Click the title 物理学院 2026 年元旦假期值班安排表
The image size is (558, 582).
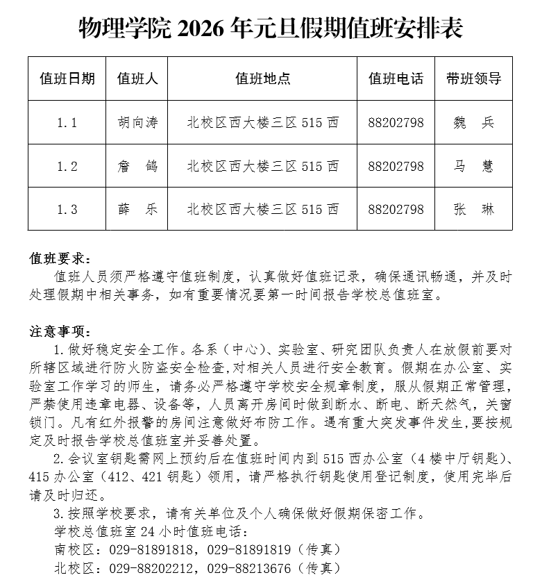pyautogui.click(x=271, y=29)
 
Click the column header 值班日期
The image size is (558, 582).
pyautogui.click(x=67, y=78)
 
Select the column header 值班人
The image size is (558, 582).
pyautogui.click(x=137, y=78)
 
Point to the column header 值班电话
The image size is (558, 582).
pyautogui.click(x=396, y=78)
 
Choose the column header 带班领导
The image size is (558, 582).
pyautogui.click(x=473, y=78)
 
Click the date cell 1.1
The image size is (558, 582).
pyautogui.click(x=67, y=123)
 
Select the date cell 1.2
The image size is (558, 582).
pyautogui.click(x=67, y=166)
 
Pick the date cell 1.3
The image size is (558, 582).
pyautogui.click(x=67, y=209)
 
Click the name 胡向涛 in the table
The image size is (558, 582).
pyautogui.click(x=137, y=123)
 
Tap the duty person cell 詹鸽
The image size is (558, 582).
pyautogui.click(x=137, y=166)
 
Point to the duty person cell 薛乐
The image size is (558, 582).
pyautogui.click(x=137, y=209)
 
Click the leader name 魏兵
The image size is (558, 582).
pyautogui.click(x=473, y=123)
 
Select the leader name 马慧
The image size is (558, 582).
pyautogui.click(x=473, y=166)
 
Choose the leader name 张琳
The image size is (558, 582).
pyautogui.click(x=473, y=209)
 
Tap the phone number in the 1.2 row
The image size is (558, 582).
pyautogui.click(x=396, y=166)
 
